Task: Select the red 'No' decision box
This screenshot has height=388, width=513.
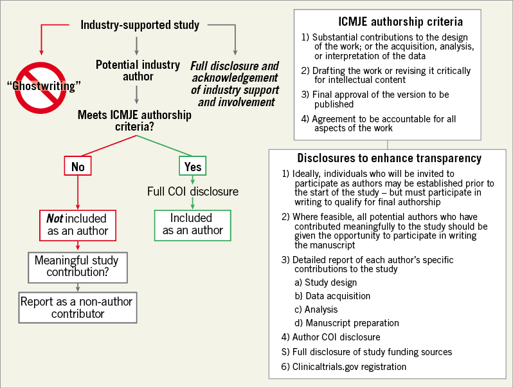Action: [x=78, y=167]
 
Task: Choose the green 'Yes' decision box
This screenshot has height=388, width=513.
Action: [x=193, y=167]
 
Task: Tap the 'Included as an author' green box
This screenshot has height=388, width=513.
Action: [x=192, y=224]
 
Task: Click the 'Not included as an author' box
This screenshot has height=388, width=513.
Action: [x=77, y=224]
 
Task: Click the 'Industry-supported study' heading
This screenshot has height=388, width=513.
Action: [x=139, y=26]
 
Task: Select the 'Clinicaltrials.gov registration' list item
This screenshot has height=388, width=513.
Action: [x=343, y=367]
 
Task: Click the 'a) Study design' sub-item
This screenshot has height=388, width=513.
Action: [x=330, y=282]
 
